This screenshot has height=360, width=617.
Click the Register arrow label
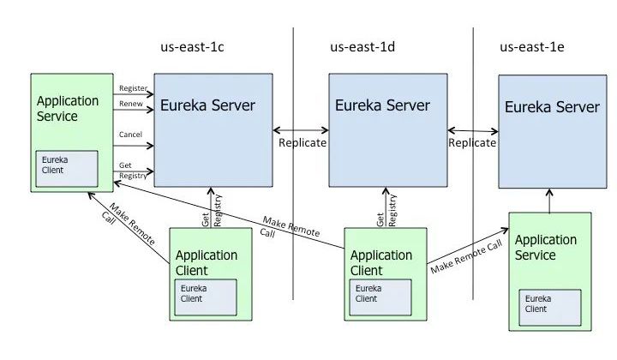coord(133,87)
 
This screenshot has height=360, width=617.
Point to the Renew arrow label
coord(131,105)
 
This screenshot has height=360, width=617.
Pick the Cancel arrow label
coord(131,135)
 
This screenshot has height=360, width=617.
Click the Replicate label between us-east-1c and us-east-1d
coord(303,143)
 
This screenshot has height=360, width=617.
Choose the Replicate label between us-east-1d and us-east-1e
coord(472,143)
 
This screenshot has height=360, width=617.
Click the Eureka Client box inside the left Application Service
coord(66,169)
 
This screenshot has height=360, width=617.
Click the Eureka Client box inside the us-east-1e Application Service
coord(549,303)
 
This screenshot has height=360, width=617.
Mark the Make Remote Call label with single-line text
coord(466,255)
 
